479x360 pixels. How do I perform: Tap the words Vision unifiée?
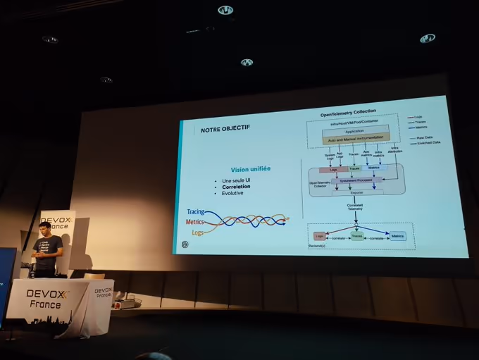(251, 169)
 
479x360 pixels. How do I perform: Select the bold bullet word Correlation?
(236, 187)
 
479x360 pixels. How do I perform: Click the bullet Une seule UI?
(235, 181)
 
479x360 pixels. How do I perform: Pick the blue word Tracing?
(195, 211)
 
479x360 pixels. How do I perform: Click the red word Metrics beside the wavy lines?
(194, 222)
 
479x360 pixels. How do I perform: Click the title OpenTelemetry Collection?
(348, 113)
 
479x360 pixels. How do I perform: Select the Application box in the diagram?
(354, 132)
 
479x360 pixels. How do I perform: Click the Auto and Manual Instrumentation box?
(354, 140)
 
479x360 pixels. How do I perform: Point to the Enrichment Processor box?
(356, 180)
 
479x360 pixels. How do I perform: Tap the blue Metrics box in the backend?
(397, 237)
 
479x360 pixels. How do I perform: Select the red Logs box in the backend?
(320, 236)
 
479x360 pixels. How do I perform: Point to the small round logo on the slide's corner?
(185, 244)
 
